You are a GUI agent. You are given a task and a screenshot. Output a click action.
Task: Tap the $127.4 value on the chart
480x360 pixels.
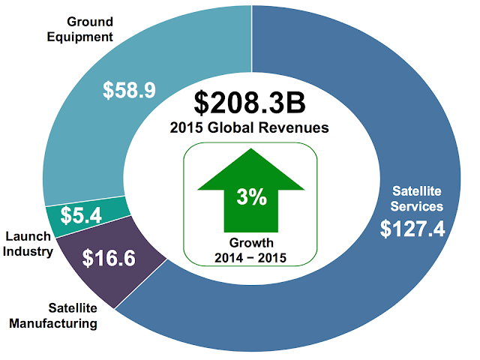pos(412,229)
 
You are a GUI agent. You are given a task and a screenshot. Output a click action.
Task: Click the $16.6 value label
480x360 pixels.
pos(109,259)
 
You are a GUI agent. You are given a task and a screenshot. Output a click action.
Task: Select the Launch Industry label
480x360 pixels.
pos(28,244)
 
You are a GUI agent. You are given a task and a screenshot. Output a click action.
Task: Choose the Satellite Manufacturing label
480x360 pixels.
pos(62,316)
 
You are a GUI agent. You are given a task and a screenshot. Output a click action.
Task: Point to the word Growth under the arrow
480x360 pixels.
pos(251,243)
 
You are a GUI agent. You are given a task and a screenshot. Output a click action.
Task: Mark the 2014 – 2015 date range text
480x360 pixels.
pos(251,257)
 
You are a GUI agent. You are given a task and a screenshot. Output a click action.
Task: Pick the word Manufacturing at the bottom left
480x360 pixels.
pos(62,323)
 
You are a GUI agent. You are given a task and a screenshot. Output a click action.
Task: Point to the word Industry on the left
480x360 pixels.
pos(28,251)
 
